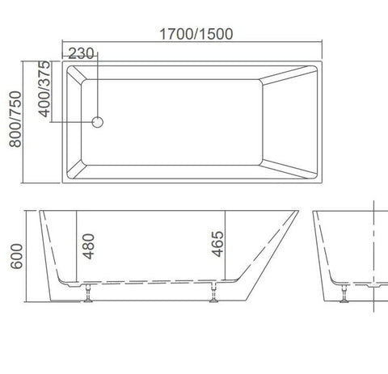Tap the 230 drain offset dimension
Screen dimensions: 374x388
pos(82,53)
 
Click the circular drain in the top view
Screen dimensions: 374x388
pos(98,121)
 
